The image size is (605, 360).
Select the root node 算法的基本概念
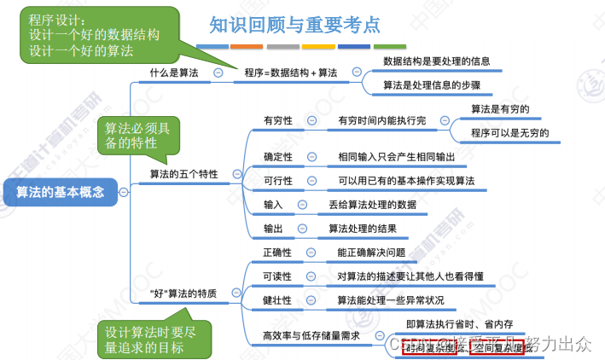pyautogui.click(x=61, y=192)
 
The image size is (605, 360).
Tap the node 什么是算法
pyautogui.click(x=173, y=73)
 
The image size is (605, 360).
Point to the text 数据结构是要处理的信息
pyautogui.click(x=435, y=61)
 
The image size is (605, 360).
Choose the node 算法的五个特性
pyautogui.click(x=183, y=174)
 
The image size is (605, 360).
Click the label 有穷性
pyautogui.click(x=278, y=120)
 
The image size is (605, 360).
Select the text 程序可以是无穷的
pyautogui.click(x=509, y=133)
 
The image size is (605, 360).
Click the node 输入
pyautogui.click(x=273, y=205)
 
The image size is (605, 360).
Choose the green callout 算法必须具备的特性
pyautogui.click(x=137, y=135)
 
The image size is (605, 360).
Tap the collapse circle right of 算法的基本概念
pyautogui.click(x=125, y=192)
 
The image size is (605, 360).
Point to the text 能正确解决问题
pyautogui.click(x=371, y=253)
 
